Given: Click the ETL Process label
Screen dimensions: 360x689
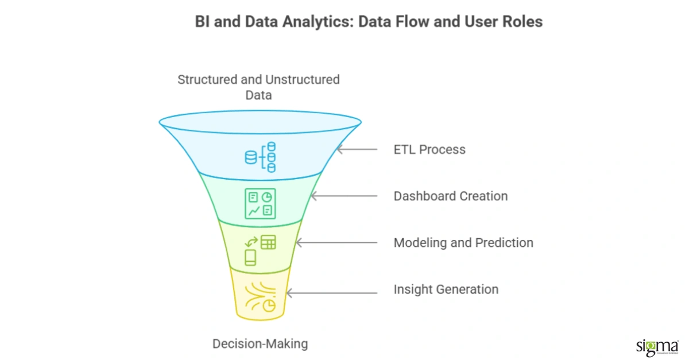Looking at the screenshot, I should [x=429, y=150].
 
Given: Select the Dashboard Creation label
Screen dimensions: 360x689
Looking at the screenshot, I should [x=450, y=196].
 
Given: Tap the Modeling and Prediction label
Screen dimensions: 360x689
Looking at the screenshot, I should [x=463, y=243].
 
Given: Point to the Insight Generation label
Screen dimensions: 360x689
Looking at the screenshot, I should [x=446, y=289].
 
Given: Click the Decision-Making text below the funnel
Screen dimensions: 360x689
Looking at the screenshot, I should [x=260, y=344].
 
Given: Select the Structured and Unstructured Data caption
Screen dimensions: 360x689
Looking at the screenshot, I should [x=258, y=87].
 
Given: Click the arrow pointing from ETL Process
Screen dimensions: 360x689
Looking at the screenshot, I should [x=357, y=150].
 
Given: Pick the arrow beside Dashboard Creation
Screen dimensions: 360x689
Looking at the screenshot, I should [x=343, y=196].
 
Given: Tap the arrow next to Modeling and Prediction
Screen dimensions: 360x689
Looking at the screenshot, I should [x=336, y=243].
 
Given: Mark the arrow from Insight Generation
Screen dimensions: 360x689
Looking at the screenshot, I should [x=331, y=293].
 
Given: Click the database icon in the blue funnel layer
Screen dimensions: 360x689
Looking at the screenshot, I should [x=261, y=156].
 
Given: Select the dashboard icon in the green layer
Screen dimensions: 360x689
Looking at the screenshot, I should [x=260, y=204].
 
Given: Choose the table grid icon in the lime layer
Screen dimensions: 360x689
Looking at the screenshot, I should [x=268, y=242].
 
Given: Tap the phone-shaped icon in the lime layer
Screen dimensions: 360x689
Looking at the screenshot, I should [x=250, y=258].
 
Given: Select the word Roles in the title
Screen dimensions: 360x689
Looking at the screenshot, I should [x=525, y=22].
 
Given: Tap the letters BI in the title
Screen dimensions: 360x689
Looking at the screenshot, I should [x=203, y=22].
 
